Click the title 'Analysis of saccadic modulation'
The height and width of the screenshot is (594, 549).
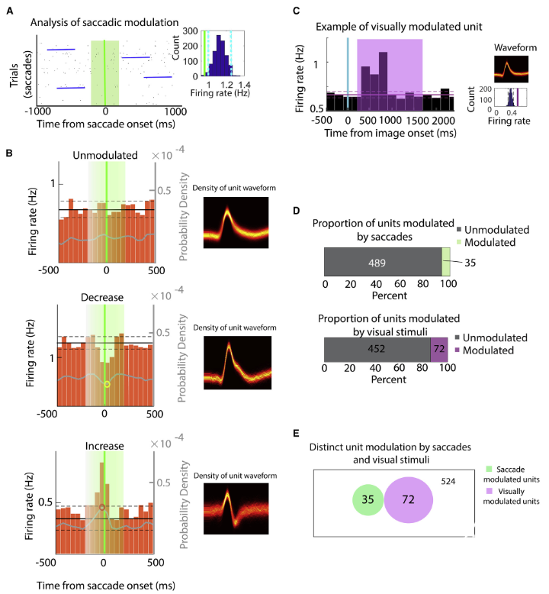point(105,21)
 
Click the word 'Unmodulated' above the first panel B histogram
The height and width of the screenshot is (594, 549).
point(107,155)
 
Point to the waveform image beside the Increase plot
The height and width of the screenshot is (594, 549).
point(236,512)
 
